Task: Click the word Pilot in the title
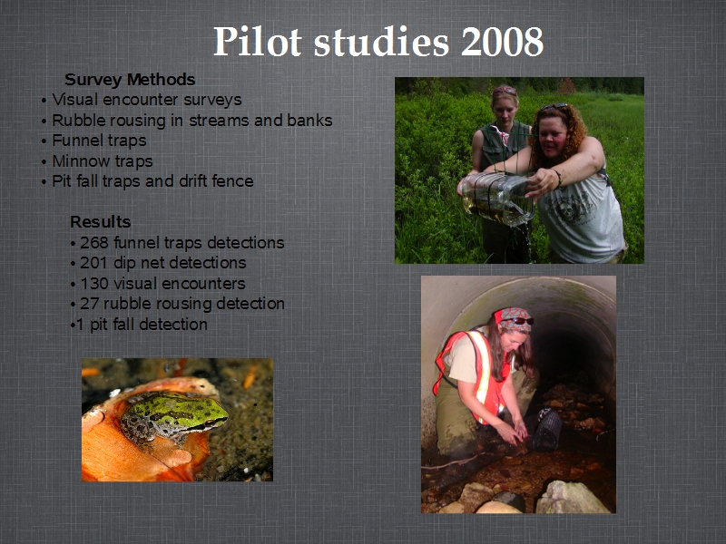258,42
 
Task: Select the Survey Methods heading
130,80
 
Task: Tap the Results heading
101,222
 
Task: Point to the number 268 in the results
94,243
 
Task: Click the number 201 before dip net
94,263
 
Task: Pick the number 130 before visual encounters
94,284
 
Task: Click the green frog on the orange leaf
174,416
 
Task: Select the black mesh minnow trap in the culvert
547,430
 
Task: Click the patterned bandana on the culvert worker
512,319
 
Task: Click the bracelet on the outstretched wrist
559,179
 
